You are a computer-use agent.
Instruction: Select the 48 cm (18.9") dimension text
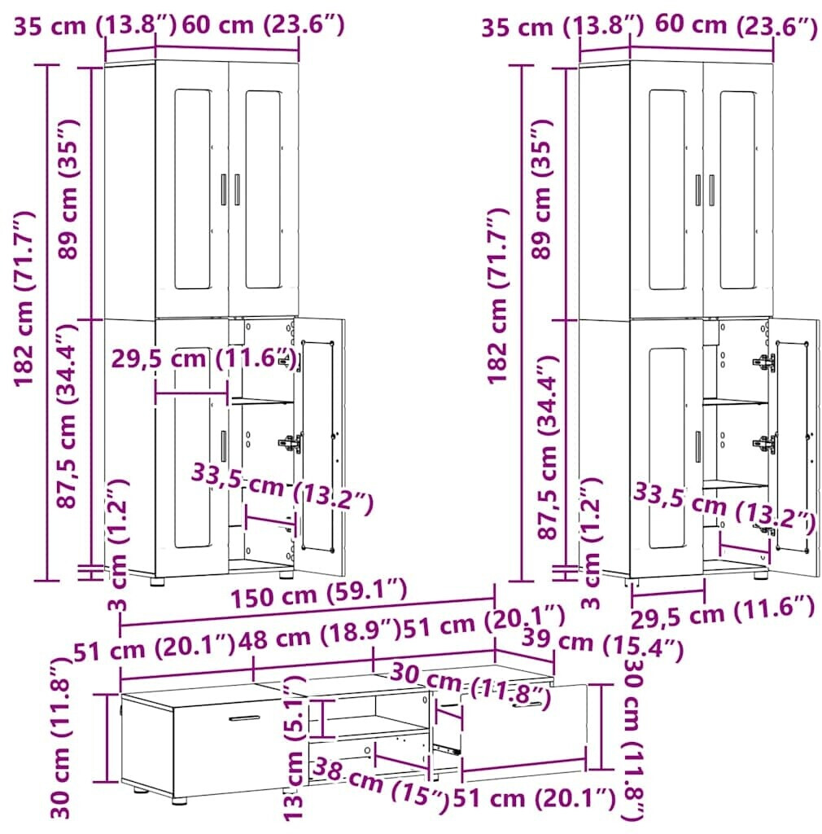coord(319,634)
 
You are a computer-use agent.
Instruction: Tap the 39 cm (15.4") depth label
coord(602,644)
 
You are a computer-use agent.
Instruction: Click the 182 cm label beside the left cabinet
coord(24,298)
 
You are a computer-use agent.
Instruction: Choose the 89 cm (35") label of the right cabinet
coord(542,189)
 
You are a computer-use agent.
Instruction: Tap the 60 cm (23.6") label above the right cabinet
coord(736,25)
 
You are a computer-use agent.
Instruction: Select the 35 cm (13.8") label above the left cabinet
coord(94,25)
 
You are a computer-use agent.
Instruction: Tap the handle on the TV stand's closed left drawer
coord(244,718)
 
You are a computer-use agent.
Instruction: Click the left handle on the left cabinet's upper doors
coord(224,189)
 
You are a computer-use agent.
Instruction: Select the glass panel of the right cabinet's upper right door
coord(737,190)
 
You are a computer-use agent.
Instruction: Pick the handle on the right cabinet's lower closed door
coord(697,447)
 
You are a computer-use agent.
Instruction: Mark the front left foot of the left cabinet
coord(157,582)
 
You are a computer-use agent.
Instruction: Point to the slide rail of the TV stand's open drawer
coord(446,749)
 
